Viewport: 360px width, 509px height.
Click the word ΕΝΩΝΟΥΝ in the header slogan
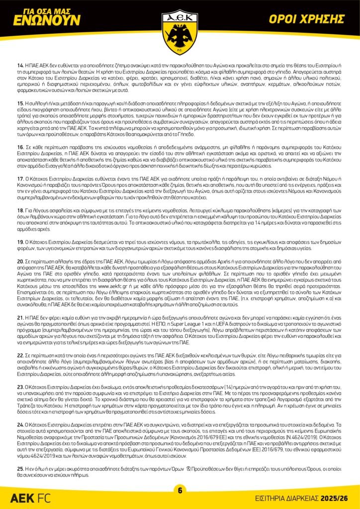47,20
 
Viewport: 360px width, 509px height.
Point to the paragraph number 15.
20,102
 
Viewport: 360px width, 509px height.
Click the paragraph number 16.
20,148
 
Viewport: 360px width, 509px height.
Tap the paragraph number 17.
20,178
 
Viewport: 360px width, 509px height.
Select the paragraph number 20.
20,260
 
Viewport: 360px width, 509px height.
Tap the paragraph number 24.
20,424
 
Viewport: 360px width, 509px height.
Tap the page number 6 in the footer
180,491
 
